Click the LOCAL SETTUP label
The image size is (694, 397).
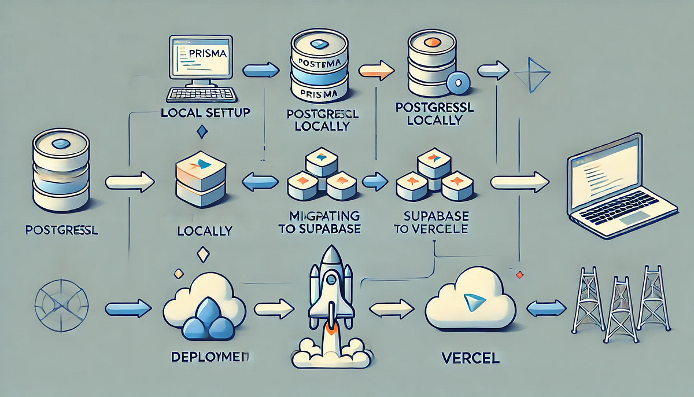click(x=206, y=112)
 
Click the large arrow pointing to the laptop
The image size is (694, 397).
click(x=519, y=183)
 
